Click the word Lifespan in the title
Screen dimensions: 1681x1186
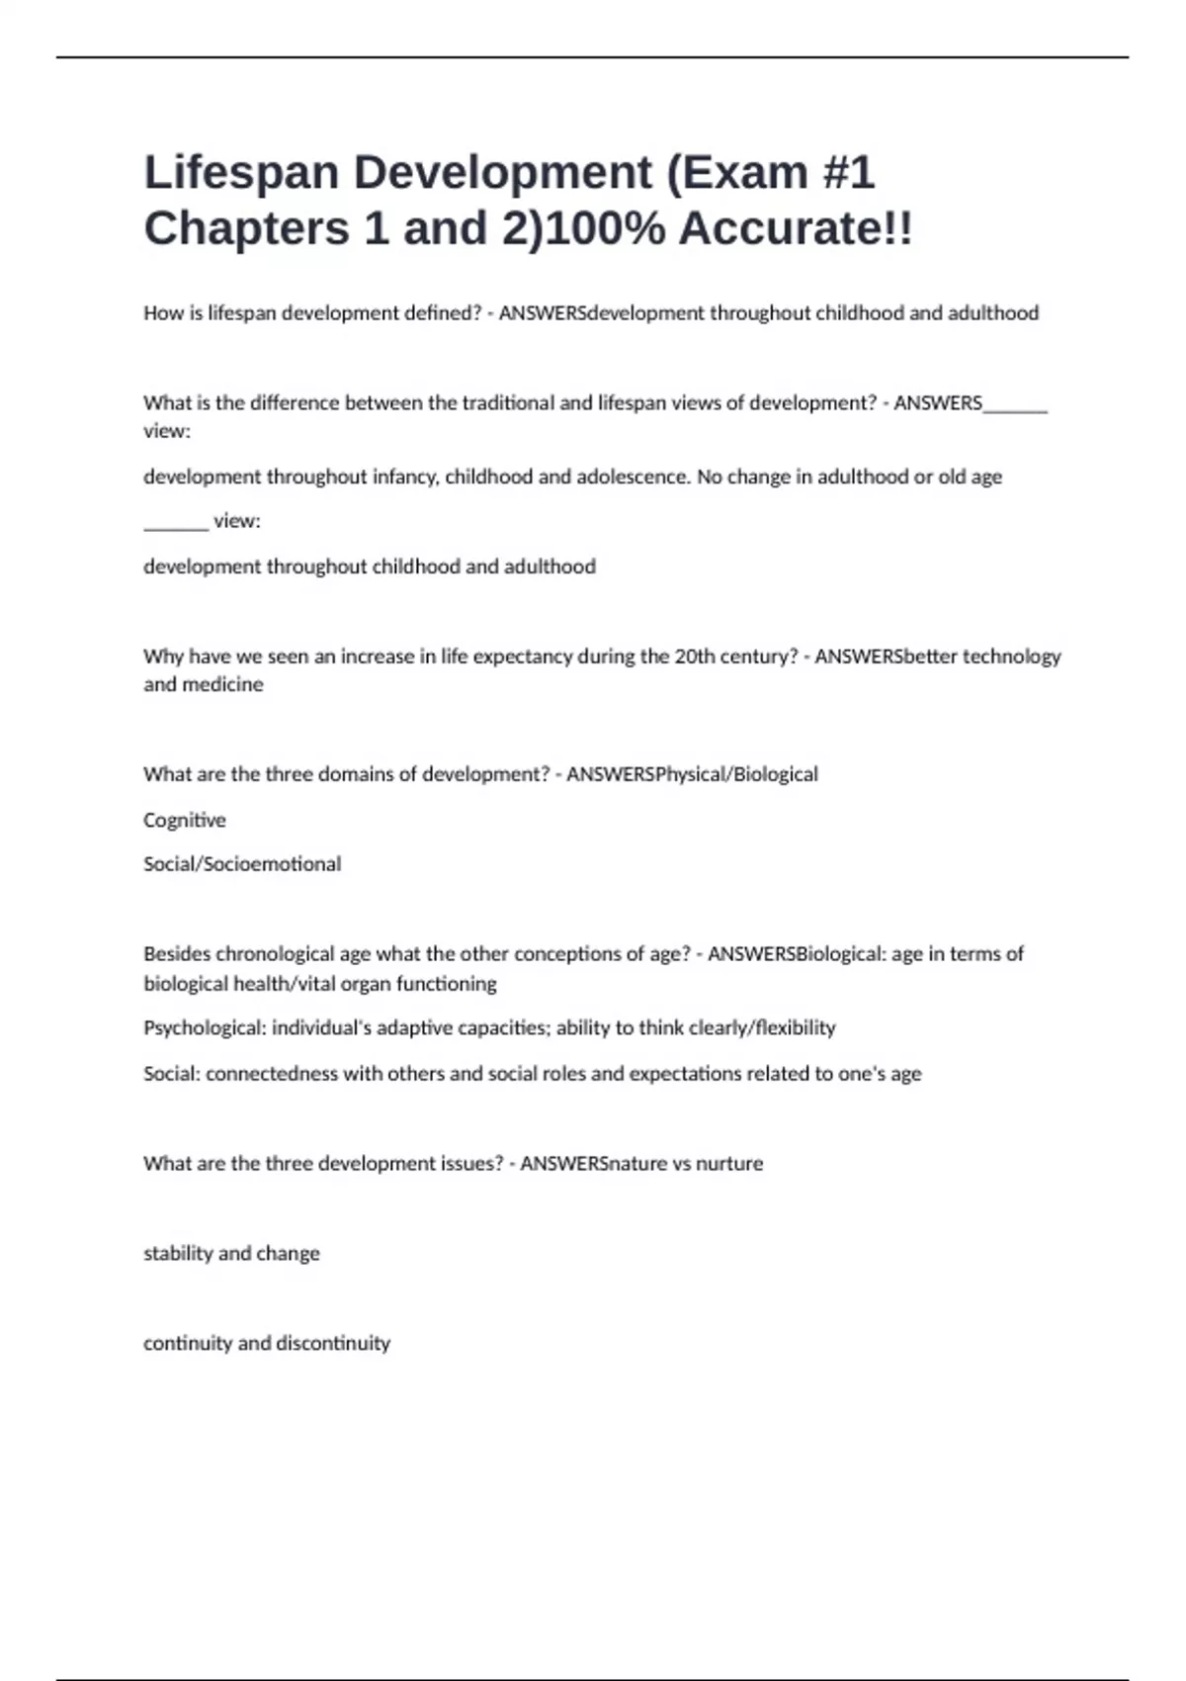coord(241,173)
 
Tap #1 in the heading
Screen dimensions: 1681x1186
coord(848,173)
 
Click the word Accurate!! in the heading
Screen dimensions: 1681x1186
coord(796,229)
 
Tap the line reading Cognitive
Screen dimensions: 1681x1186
coord(185,821)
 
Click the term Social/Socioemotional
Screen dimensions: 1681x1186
coord(242,864)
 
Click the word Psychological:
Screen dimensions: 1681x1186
coord(205,1028)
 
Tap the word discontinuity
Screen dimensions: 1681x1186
coord(333,1344)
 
